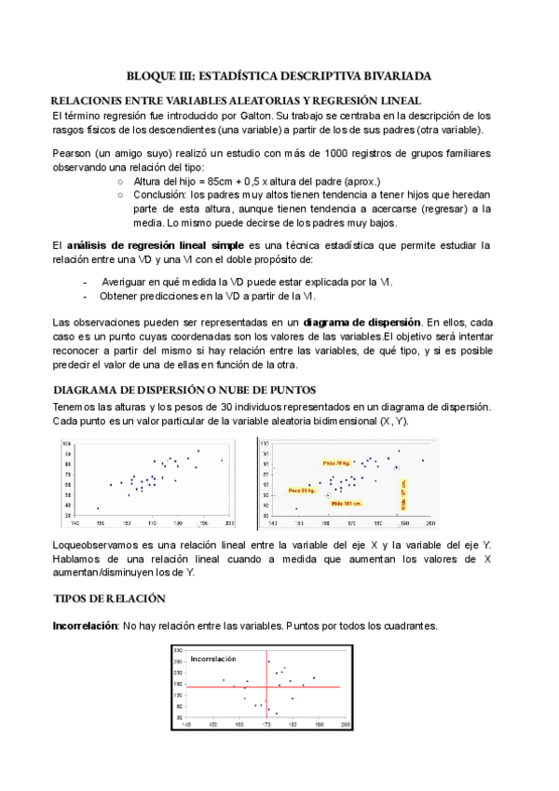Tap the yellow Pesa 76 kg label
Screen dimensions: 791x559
tap(336, 463)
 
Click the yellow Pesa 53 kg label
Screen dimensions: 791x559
tap(302, 490)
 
